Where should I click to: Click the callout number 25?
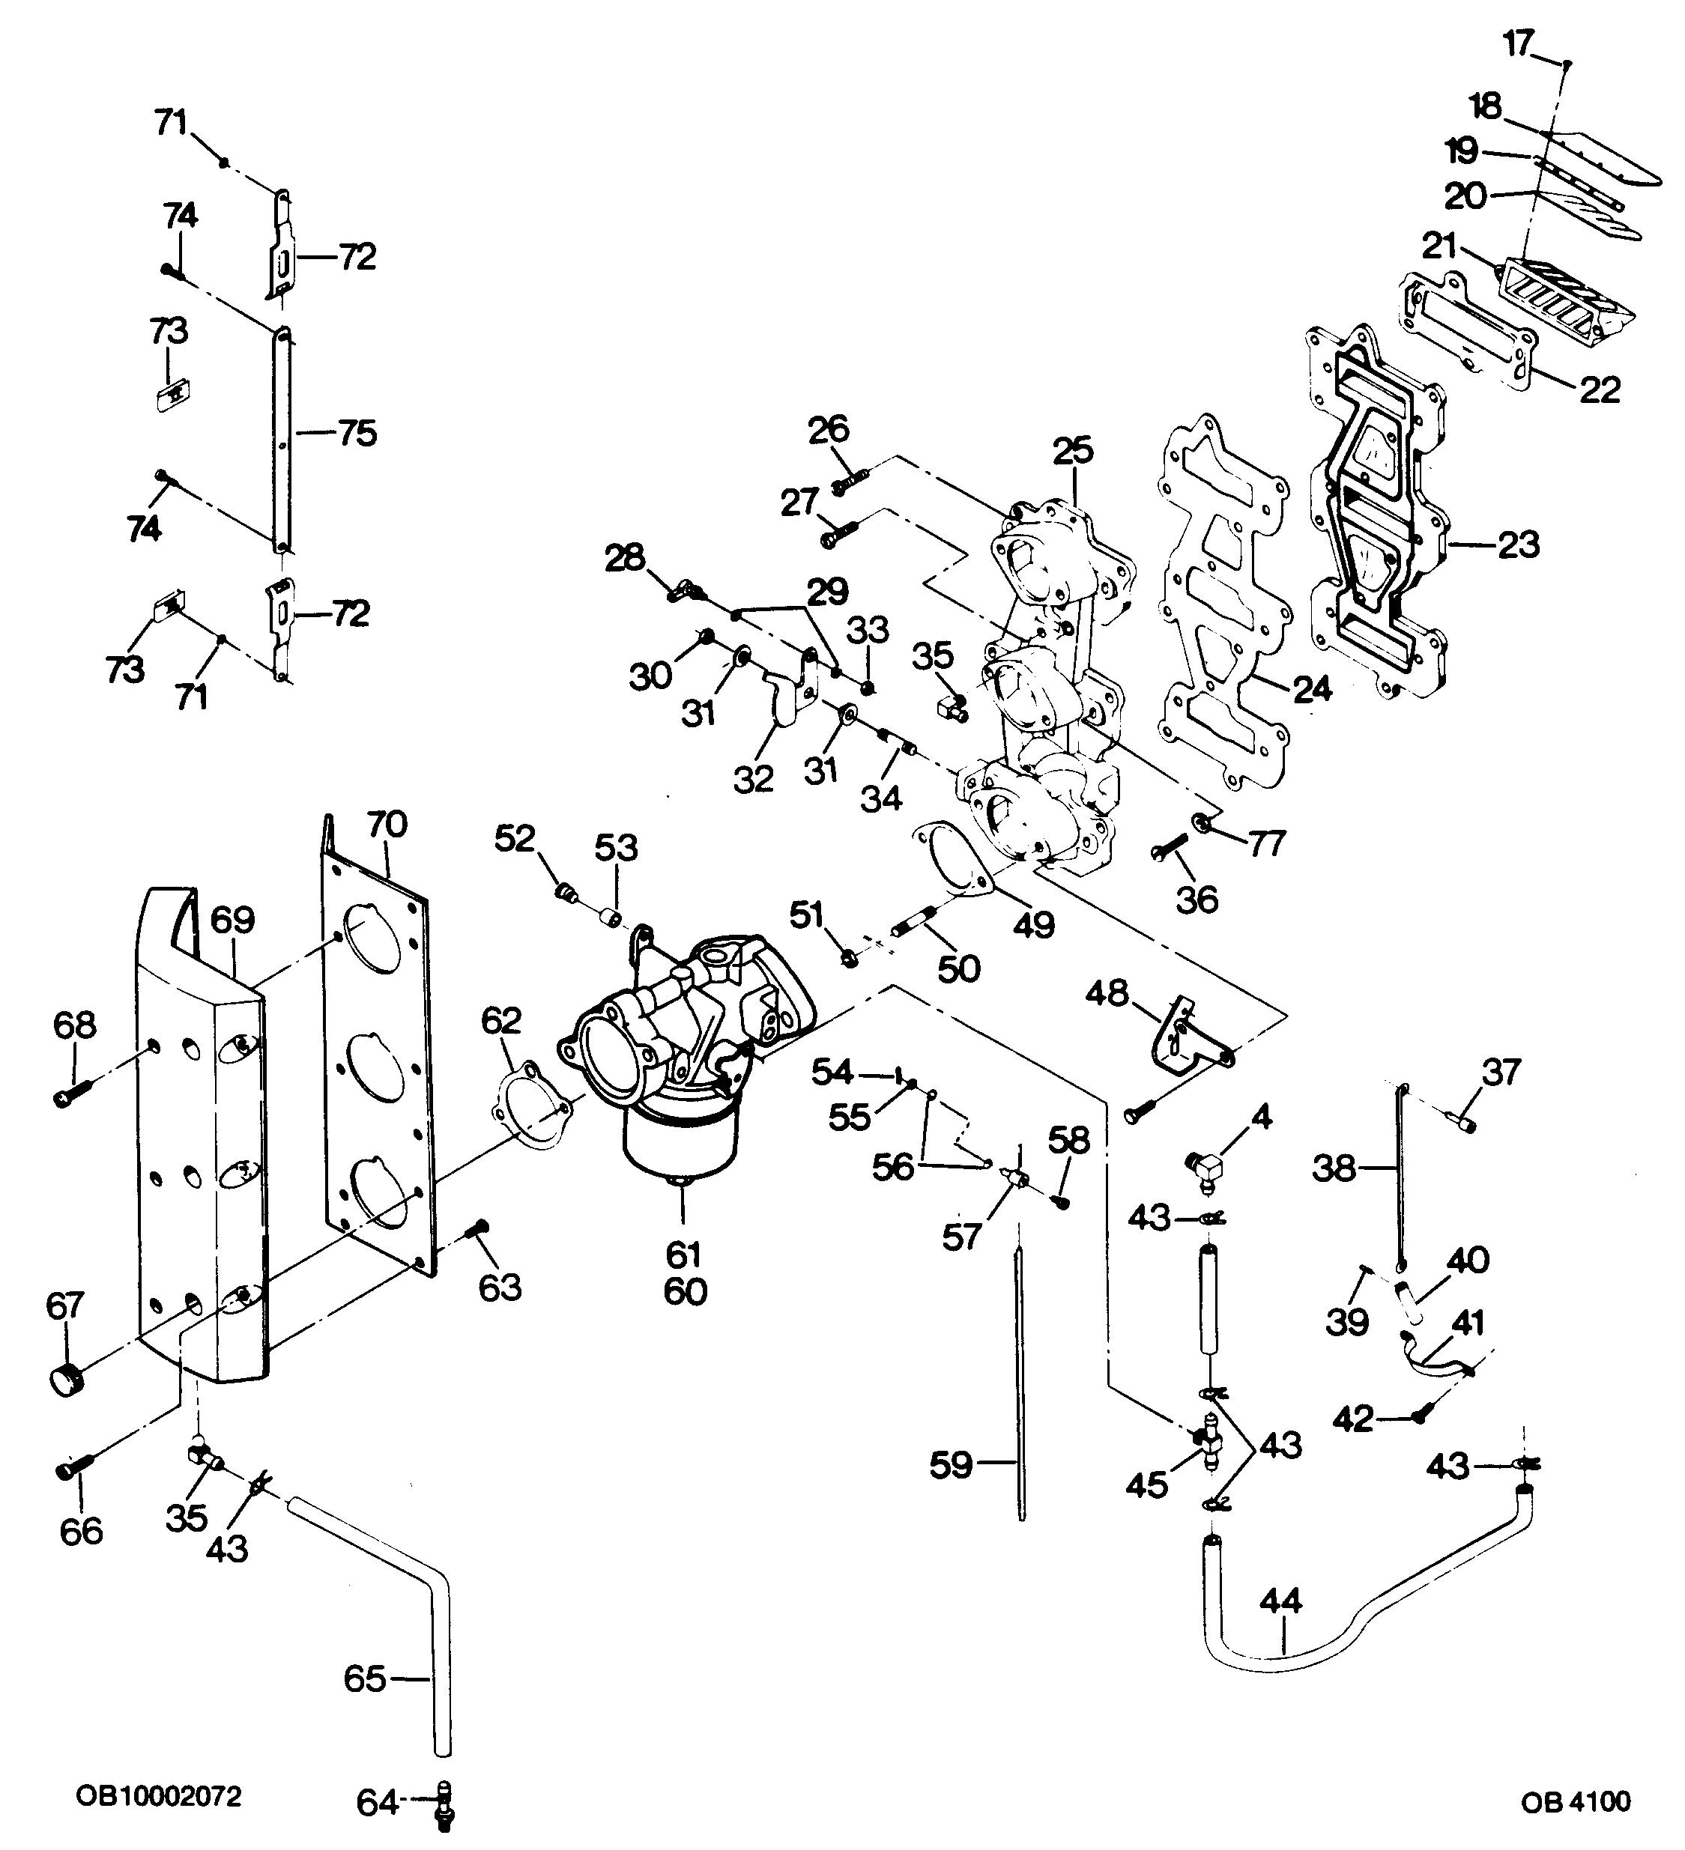tap(1073, 451)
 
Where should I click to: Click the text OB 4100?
tap(1576, 1801)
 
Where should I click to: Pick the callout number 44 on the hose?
tap(1280, 1601)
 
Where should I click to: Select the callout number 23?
tap(1518, 545)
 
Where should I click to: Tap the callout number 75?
tap(357, 432)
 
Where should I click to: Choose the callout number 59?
tap(951, 1464)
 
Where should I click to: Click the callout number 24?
tap(1310, 688)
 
